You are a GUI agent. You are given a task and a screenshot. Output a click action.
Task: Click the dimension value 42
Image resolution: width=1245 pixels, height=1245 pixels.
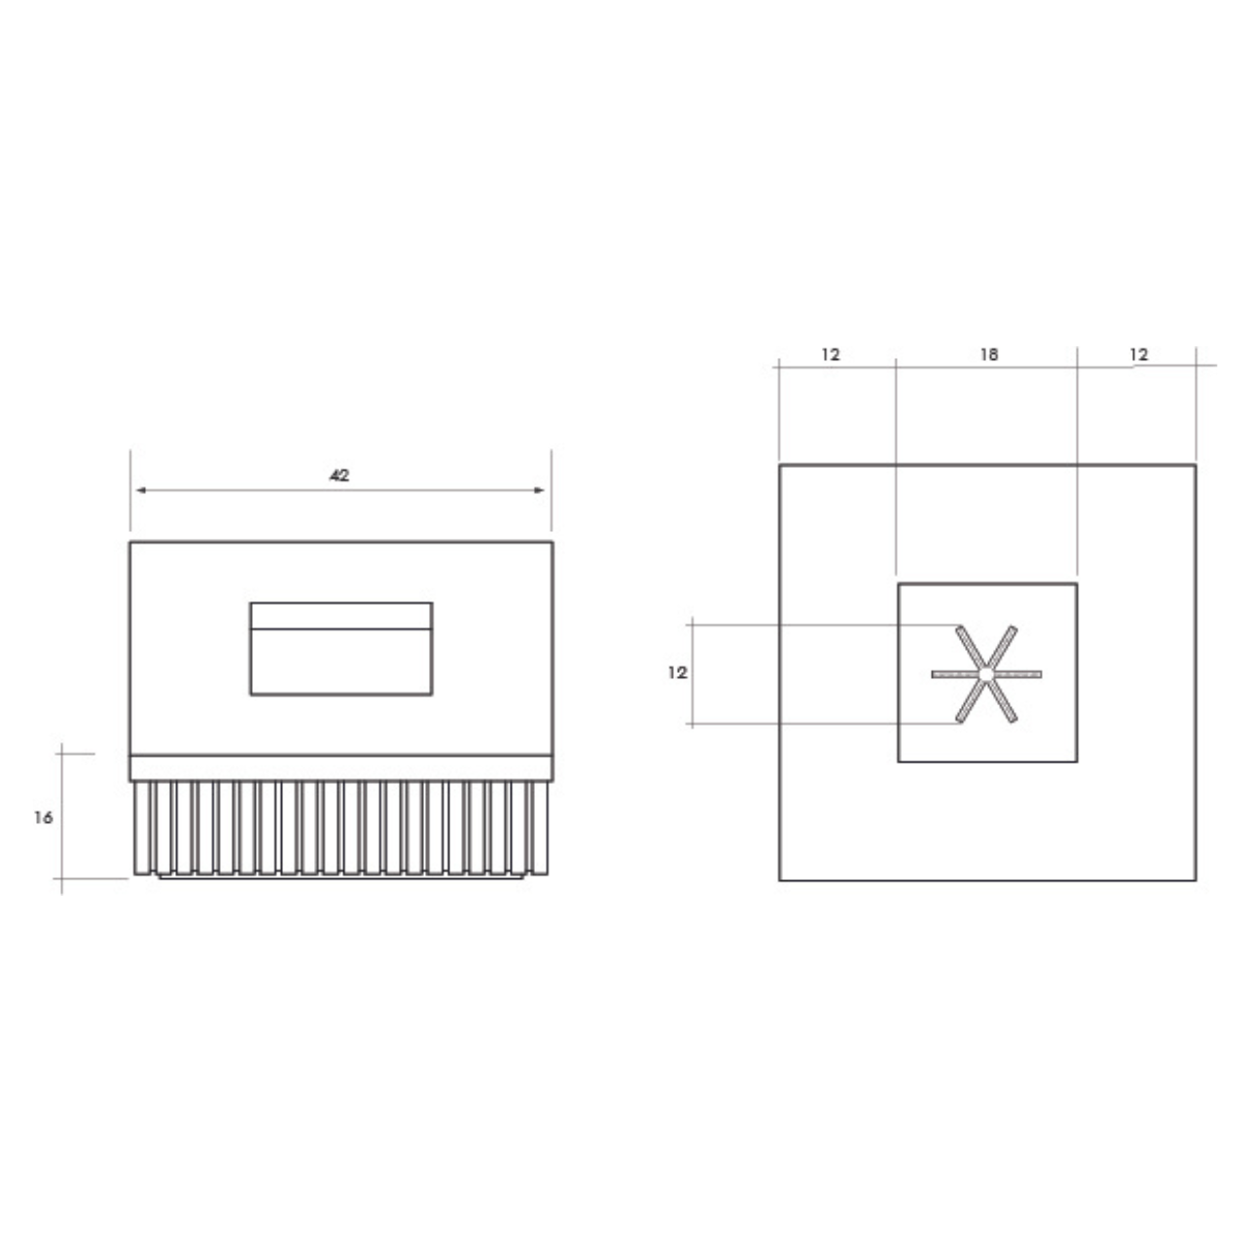point(339,476)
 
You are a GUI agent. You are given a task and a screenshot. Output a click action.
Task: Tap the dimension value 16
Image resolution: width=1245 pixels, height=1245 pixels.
point(44,818)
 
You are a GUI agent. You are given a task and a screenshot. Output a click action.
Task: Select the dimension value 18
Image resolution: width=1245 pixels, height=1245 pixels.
point(989,354)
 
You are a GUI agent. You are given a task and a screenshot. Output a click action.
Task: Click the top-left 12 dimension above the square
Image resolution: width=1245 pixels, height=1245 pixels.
point(831,354)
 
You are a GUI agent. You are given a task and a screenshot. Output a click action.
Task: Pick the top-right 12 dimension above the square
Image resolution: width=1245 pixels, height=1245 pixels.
point(1138,354)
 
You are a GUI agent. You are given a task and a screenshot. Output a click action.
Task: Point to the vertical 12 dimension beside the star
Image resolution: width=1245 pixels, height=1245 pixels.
point(677,672)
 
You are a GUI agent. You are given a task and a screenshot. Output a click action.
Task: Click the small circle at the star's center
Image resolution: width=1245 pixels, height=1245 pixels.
point(986,674)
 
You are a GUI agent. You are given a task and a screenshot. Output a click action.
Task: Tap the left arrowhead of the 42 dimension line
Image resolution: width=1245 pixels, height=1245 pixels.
point(141,490)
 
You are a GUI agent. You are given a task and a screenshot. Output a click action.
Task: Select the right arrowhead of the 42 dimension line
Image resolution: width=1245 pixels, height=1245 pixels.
point(540,490)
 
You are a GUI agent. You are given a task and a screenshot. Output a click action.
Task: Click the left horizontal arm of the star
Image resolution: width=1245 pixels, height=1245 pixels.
point(955,674)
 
